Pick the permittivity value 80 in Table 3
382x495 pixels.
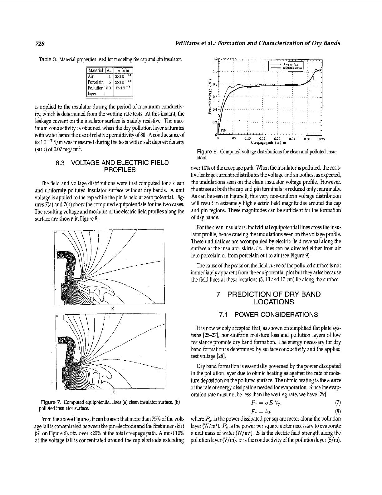point(109,88)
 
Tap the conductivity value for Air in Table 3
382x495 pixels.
point(123,76)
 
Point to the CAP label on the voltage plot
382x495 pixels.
point(318,70)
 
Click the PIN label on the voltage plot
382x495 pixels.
point(223,130)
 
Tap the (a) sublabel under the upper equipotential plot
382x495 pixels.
point(112,309)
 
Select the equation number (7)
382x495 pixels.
point(338,403)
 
